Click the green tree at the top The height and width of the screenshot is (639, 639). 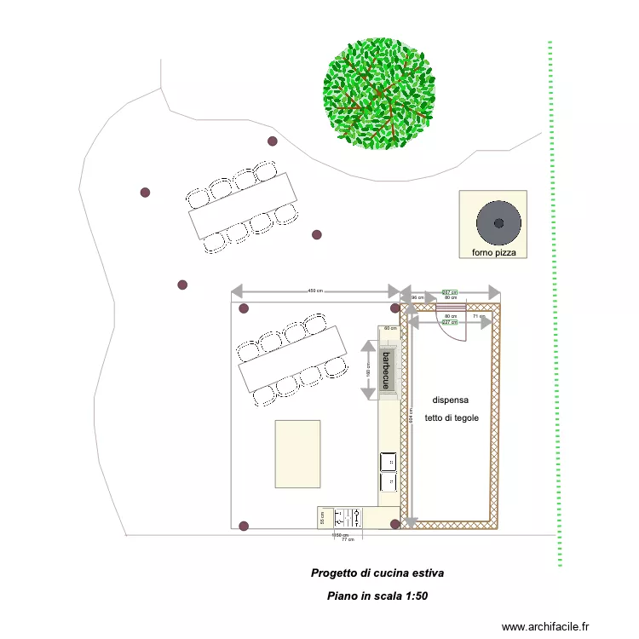coord(379,91)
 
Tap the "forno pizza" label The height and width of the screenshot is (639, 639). coord(499,253)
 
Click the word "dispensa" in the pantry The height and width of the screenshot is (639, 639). coord(451,400)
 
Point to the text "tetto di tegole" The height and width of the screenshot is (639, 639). coord(452,418)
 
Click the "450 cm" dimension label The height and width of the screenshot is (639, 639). coord(315,291)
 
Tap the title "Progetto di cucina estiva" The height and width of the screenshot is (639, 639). coord(377,573)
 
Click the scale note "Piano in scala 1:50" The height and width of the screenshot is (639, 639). coord(377,596)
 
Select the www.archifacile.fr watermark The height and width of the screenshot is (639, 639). coord(545,626)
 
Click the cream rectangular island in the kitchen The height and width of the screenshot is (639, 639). coord(297,454)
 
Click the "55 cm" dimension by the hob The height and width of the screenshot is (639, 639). coord(323,516)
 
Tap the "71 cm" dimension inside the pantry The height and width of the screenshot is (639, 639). coord(478,316)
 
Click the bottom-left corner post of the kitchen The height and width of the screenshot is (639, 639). coord(244,526)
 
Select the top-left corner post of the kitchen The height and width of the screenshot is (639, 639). coord(244,308)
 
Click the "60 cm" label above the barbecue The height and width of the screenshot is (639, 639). coord(390,328)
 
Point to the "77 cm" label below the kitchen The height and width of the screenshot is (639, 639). coord(347,540)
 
